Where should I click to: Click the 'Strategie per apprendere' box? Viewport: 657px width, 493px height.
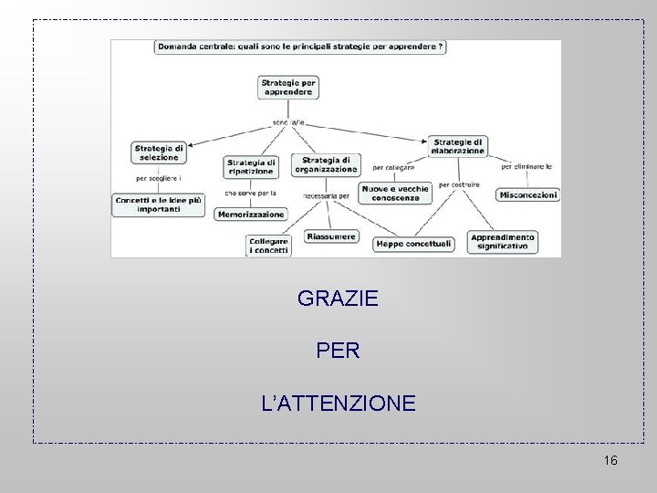(288, 88)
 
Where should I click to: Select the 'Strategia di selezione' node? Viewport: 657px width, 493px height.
(159, 152)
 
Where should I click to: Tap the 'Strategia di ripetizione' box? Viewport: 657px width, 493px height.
(250, 167)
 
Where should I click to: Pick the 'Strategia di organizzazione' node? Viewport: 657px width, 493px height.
(326, 164)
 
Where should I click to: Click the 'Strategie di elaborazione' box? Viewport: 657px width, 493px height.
(458, 146)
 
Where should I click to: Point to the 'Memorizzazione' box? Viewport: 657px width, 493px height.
(250, 214)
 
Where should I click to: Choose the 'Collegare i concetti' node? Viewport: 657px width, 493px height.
(269, 246)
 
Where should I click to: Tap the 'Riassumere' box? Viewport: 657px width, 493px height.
(330, 236)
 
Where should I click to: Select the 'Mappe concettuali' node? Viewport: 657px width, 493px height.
(413, 244)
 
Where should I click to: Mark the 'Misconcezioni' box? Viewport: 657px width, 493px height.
(528, 194)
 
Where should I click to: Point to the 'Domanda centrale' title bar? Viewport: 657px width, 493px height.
(301, 47)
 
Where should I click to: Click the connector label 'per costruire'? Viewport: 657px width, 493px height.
(459, 184)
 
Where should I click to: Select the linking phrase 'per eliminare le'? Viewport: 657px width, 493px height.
(527, 167)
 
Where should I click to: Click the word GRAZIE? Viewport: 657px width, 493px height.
(338, 298)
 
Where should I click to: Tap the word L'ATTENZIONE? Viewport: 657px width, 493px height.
(338, 401)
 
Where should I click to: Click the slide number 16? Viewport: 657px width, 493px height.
(610, 460)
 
